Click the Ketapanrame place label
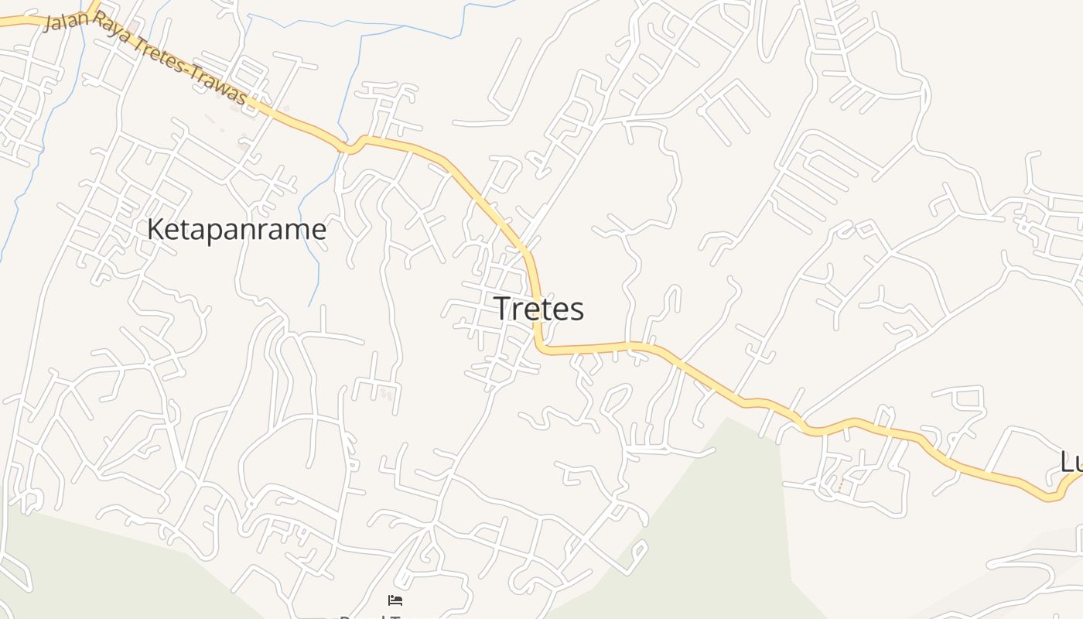click(x=236, y=230)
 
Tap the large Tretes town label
click(x=538, y=309)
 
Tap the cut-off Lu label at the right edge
click(x=1071, y=463)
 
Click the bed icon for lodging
click(x=395, y=600)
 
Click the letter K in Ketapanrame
click(x=155, y=230)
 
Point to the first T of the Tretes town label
click(x=501, y=309)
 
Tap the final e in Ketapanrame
click(x=319, y=230)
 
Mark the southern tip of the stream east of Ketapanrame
click(x=309, y=306)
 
